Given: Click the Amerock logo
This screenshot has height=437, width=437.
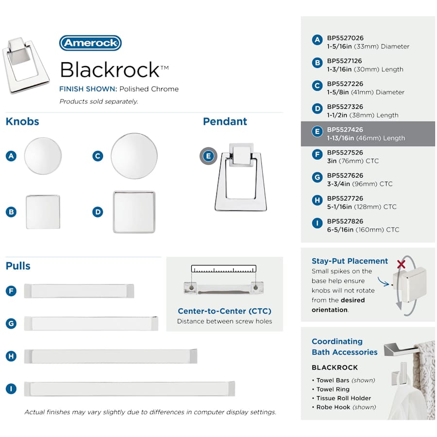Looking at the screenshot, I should point(90,43).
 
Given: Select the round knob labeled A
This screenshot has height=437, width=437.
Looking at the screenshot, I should point(43,156).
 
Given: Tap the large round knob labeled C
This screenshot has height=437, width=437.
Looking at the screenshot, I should point(134,156).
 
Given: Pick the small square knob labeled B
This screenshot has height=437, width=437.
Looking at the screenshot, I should point(43,212).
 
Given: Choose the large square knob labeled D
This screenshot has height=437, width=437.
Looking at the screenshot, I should point(134,212).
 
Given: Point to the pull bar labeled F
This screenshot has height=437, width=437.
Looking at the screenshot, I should point(79,291).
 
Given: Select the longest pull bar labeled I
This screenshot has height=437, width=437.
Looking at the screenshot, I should point(130,388).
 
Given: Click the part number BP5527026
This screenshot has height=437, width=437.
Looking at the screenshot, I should point(345,38).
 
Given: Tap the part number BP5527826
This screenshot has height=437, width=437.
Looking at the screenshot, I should point(345,221).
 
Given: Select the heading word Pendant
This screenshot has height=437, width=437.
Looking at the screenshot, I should point(225,121).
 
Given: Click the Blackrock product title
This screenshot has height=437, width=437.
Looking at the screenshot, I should point(109,70).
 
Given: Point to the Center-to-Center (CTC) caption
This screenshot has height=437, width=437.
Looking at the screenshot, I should point(224,311).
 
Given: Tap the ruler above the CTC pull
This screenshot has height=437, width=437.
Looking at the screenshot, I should point(224,269).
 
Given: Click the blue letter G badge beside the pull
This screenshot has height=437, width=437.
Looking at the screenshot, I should point(11,323).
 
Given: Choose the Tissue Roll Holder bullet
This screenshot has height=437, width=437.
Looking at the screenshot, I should point(344,398).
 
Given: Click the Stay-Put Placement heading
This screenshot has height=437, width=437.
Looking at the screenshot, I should point(350,261).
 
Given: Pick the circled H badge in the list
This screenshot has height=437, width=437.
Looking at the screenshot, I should point(317,200).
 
